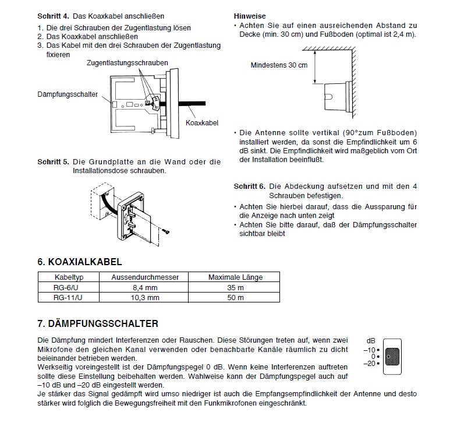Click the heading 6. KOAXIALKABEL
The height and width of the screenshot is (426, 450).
click(79, 262)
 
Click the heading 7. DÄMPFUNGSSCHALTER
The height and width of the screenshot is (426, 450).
click(97, 323)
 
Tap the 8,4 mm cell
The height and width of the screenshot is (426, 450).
click(145, 287)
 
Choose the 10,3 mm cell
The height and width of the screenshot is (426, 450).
click(145, 297)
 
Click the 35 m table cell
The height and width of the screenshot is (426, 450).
click(235, 287)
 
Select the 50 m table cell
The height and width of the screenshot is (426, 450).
click(235, 297)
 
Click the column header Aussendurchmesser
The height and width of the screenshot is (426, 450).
click(145, 277)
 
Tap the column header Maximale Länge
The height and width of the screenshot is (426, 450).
click(235, 277)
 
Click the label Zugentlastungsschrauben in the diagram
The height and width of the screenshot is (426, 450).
click(127, 63)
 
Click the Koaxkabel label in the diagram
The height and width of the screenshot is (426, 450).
click(201, 123)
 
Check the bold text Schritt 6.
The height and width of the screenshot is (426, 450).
click(250, 186)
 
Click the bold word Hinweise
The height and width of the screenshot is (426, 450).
click(250, 16)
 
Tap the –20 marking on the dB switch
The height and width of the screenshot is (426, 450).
click(369, 364)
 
